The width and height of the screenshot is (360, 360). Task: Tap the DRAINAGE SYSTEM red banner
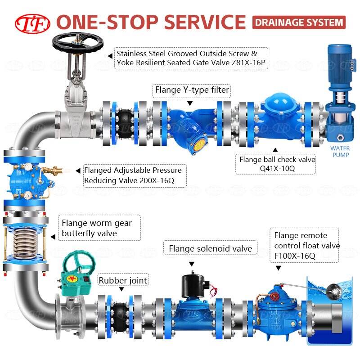tap(298, 22)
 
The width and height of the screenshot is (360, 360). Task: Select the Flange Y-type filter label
tap(192, 90)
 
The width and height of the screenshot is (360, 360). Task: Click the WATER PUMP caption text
tap(340, 151)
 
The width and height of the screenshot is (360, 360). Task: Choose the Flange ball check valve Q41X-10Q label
tap(277, 164)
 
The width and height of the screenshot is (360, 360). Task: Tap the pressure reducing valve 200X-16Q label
tap(133, 175)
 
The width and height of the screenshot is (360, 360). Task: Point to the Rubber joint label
tap(123, 281)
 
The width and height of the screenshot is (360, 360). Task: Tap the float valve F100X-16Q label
tap(306, 246)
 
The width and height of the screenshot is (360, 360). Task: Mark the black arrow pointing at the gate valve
tap(110, 56)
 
